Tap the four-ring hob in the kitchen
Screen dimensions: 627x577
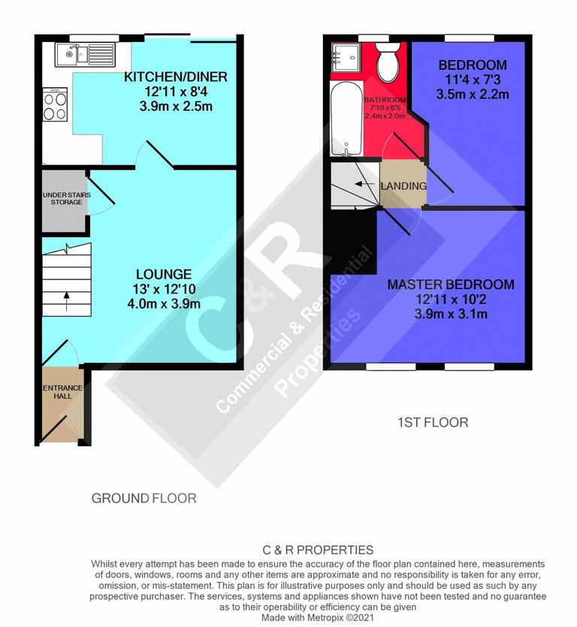[56, 105]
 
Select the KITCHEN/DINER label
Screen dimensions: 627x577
[175, 77]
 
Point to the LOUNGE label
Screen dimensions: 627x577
[163, 274]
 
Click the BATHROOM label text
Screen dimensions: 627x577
[385, 100]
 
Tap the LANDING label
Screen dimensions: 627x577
[403, 186]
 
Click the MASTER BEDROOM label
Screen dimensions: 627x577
[451, 285]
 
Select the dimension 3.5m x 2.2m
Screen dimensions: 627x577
[473, 95]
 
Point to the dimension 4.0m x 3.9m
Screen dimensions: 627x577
[163, 304]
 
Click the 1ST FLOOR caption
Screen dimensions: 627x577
[432, 423]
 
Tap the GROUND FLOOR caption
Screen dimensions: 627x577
[143, 498]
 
